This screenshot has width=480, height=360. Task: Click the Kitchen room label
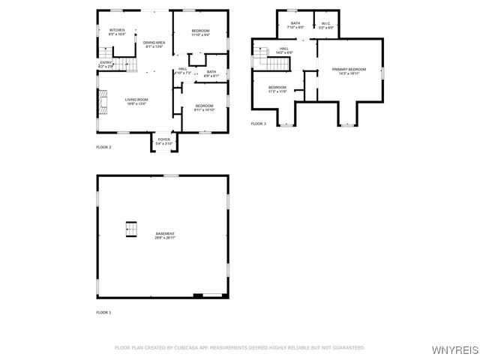[117, 31]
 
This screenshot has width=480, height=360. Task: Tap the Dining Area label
[154, 44]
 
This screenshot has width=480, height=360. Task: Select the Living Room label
[136, 101]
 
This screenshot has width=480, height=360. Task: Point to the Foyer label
[163, 140]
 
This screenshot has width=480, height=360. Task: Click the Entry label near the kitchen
[105, 64]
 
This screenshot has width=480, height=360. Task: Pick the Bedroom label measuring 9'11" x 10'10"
[205, 107]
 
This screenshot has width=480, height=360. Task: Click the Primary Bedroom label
[349, 71]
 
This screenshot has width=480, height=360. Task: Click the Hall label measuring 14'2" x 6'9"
[283, 50]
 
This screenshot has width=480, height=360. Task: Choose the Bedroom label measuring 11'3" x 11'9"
[277, 89]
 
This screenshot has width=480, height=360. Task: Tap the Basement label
[166, 235]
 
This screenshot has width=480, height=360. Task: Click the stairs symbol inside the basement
[132, 229]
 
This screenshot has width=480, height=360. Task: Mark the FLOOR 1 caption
[103, 311]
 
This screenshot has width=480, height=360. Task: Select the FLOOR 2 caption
[103, 147]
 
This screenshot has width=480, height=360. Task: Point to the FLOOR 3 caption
[258, 123]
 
